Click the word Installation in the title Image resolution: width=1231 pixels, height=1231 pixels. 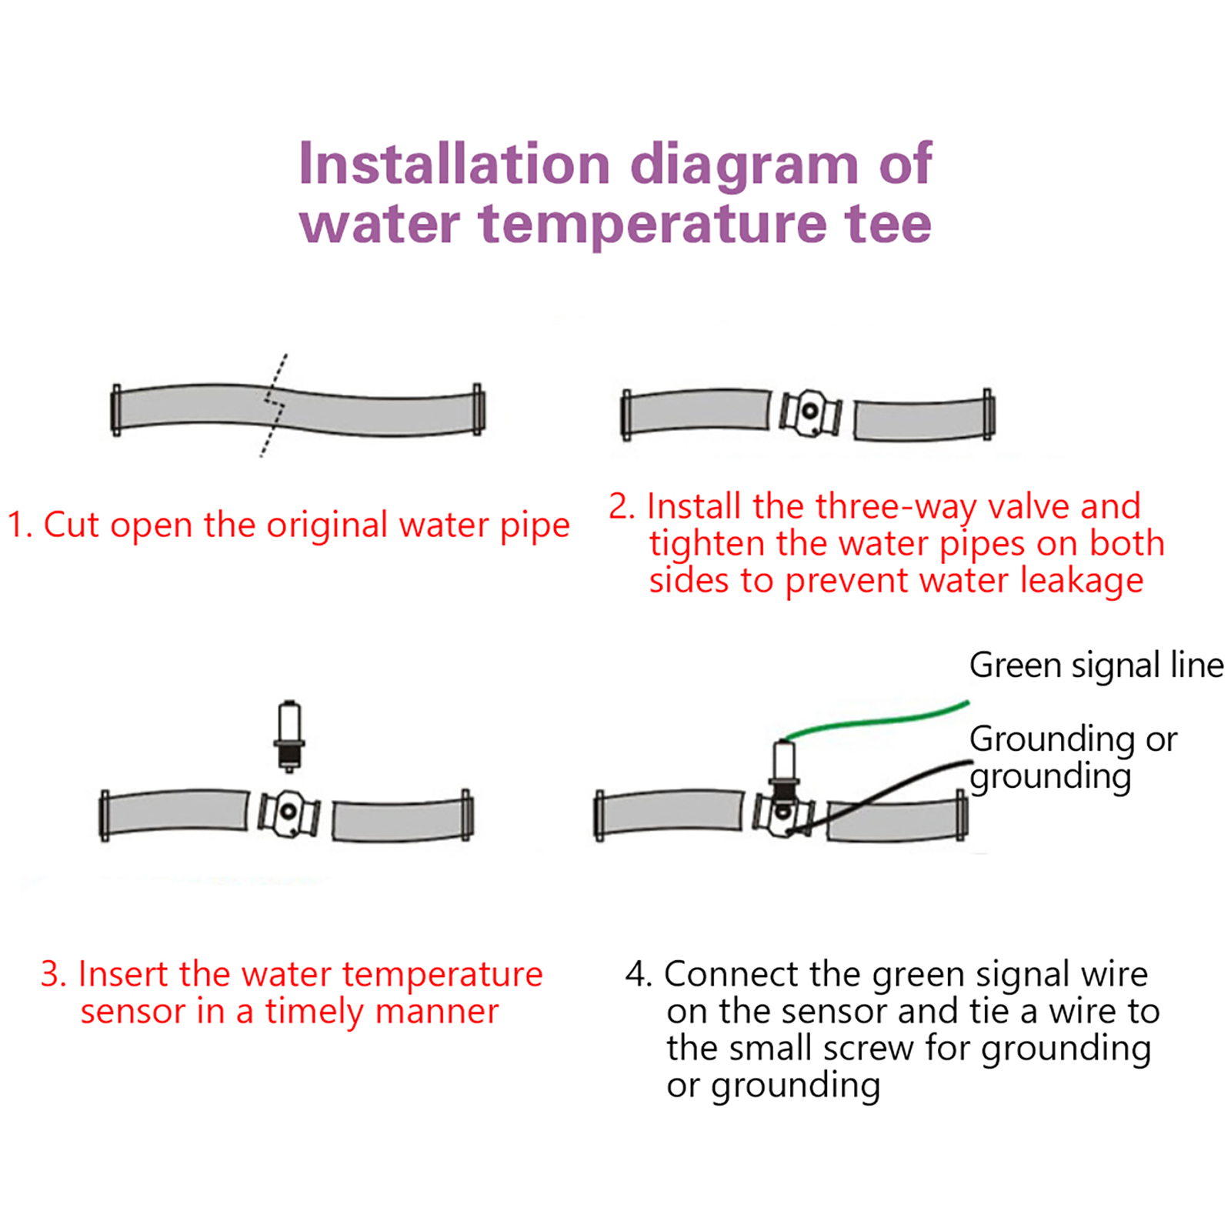(x=455, y=164)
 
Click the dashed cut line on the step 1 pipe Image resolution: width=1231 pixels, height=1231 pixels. (x=274, y=405)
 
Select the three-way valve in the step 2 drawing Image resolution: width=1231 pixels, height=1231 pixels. (x=810, y=414)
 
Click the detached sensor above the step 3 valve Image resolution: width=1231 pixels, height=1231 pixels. (x=289, y=736)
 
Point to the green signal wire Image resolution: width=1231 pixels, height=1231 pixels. (x=876, y=721)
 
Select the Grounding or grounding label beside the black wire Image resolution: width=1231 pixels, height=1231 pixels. (x=1073, y=758)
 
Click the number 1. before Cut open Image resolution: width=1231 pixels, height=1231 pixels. (x=20, y=525)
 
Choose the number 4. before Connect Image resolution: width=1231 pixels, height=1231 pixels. (x=639, y=975)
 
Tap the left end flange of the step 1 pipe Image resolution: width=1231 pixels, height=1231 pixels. (x=116, y=410)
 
